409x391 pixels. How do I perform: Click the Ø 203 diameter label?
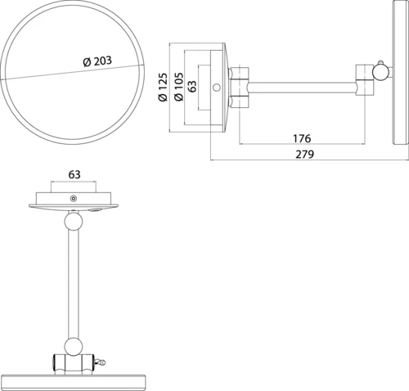tap(97, 61)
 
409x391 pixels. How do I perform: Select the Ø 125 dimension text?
tap(163, 88)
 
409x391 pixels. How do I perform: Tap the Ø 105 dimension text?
tap(178, 87)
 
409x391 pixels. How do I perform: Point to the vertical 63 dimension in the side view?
tap(192, 86)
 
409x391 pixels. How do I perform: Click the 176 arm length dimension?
tap(302, 138)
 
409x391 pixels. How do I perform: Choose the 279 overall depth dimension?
tap(305, 155)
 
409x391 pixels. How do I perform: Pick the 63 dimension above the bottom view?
tap(74, 174)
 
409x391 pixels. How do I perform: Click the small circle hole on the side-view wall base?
tap(217, 88)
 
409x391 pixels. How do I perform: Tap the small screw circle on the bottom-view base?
tap(74, 199)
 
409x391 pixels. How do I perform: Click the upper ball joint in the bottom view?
tap(74, 221)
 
